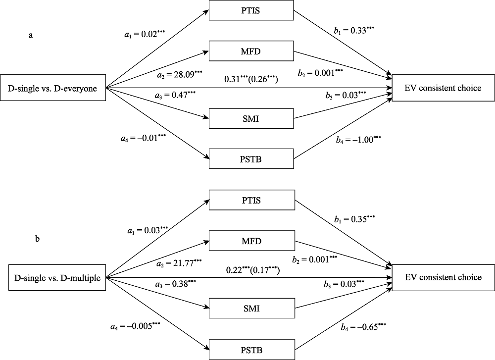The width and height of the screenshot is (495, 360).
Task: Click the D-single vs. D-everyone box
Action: pyautogui.click(x=53, y=89)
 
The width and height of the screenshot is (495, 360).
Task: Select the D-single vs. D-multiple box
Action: pyautogui.click(x=54, y=278)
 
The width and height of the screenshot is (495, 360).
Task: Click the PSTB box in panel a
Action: pyautogui.click(x=251, y=159)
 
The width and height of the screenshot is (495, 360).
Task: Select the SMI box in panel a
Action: pyautogui.click(x=251, y=119)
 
